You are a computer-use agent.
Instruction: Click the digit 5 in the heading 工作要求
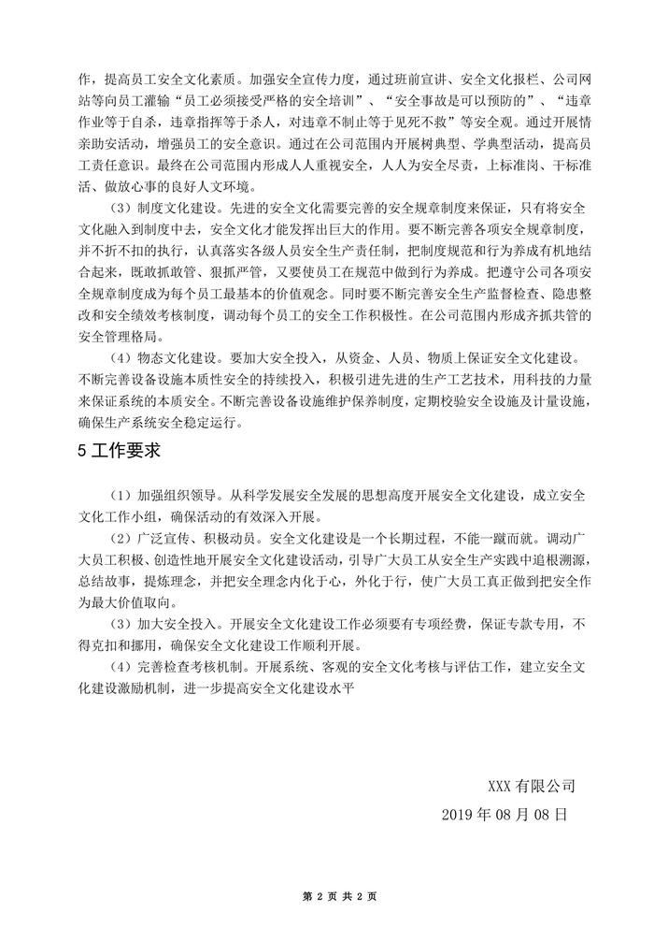coord(82,450)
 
